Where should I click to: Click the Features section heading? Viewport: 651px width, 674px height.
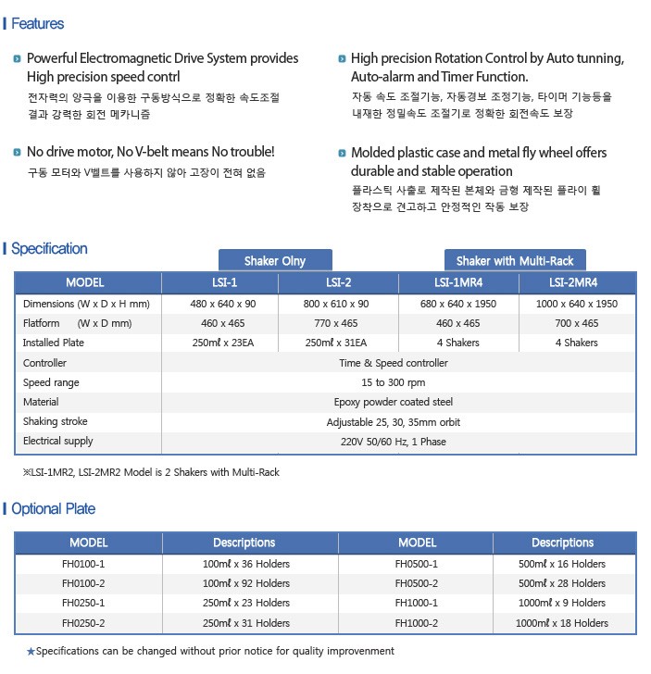37,23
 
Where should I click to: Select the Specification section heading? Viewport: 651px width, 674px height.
49,248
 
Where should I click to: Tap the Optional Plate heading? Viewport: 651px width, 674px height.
53,508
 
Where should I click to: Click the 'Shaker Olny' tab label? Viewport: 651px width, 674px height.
274,260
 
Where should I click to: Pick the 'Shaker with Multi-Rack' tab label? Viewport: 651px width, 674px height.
515,260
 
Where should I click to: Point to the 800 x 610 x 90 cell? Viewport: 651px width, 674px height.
338,304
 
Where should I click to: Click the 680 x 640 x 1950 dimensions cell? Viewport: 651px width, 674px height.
457,304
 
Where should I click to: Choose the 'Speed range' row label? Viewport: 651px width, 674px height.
51,382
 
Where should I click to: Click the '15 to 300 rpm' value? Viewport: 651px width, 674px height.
394,382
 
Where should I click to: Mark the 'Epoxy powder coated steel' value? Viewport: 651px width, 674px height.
394,402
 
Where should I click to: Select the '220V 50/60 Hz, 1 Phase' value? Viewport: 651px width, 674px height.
394,442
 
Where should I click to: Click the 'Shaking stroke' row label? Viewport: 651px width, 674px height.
55,421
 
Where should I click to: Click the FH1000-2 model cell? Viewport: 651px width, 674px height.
416,623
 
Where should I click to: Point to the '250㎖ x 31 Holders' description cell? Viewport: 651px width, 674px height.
245,623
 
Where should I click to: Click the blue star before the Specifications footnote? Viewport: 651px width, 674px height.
31,652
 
